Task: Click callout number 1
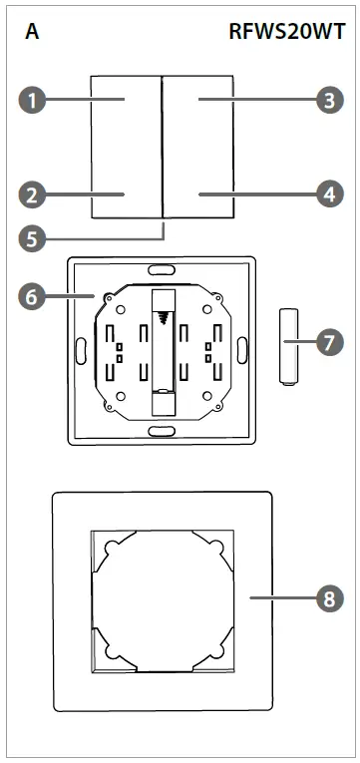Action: [x=34, y=100]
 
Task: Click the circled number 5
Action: [x=34, y=238]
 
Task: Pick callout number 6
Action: [x=34, y=295]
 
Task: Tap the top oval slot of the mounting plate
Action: [x=160, y=269]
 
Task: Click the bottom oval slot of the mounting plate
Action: [x=160, y=431]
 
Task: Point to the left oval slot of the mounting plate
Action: [x=79, y=350]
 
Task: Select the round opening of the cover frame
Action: [x=162, y=598]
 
